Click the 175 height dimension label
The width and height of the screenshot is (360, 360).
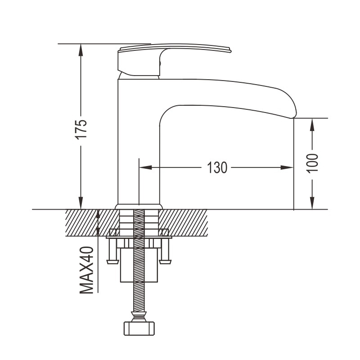[81, 129]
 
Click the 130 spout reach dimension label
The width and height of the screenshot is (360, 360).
[217, 168]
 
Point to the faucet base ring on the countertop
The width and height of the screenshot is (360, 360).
[139, 207]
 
